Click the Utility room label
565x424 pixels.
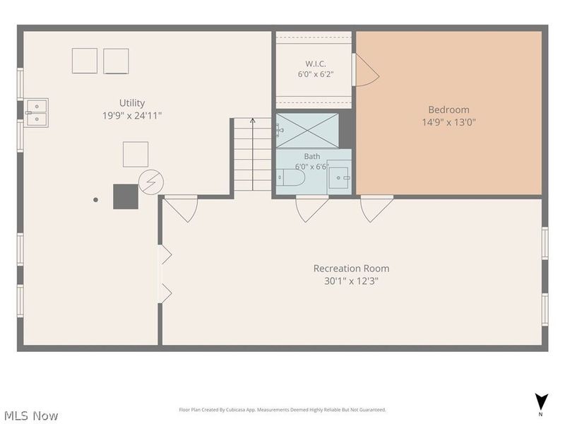pyautogui.click(x=132, y=103)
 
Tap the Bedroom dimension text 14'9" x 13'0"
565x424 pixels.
pyautogui.click(x=449, y=122)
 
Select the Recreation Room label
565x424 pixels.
pyautogui.click(x=351, y=269)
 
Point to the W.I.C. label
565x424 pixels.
pyautogui.click(x=316, y=64)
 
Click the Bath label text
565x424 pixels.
pyautogui.click(x=312, y=156)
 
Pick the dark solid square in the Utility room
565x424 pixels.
pyautogui.click(x=126, y=196)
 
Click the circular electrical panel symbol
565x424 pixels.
pyautogui.click(x=151, y=182)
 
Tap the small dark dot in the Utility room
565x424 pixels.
pyautogui.click(x=95, y=200)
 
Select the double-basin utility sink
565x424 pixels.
pyautogui.click(x=37, y=113)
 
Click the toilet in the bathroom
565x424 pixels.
pyautogui.click(x=291, y=177)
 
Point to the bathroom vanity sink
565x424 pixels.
pyautogui.click(x=339, y=178)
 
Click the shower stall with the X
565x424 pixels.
pyautogui.click(x=307, y=131)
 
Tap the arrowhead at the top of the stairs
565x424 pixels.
pyautogui.click(x=253, y=120)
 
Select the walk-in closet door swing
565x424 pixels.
pyautogui.click(x=366, y=70)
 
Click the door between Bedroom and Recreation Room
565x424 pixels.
pyautogui.click(x=376, y=208)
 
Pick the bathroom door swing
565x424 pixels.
pyautogui.click(x=312, y=208)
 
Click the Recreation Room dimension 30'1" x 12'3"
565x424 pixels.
pyautogui.click(x=351, y=281)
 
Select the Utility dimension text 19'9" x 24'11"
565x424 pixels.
pyautogui.click(x=132, y=116)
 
